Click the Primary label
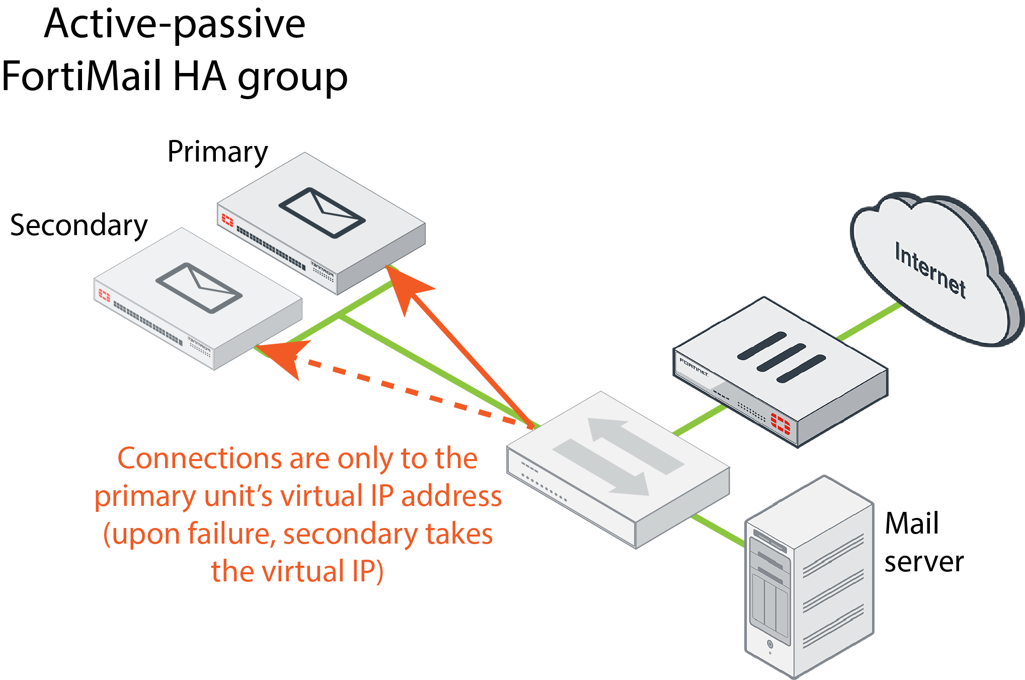click(217, 152)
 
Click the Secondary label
click(78, 225)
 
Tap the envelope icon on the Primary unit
click(322, 212)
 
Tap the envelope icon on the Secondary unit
click(199, 287)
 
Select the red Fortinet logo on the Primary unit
click(227, 219)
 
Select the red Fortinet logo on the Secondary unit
click(104, 295)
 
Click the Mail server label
click(923, 542)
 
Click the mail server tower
click(809, 579)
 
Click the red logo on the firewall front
click(780, 423)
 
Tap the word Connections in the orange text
click(200, 459)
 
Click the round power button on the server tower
click(770, 644)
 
